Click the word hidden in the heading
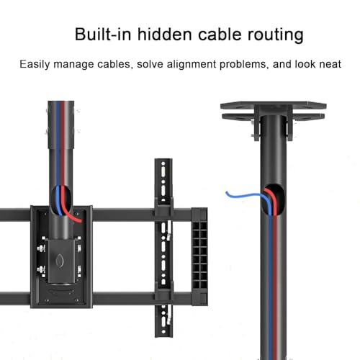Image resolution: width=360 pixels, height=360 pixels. coord(165,35)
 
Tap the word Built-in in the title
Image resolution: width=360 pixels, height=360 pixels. coord(103,35)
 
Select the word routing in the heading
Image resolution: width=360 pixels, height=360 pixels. coord(276,35)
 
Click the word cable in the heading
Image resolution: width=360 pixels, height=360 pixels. coord(220,35)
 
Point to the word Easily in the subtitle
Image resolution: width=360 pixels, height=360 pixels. coord(35,65)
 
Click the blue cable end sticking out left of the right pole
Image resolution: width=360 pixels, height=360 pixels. coord(227,192)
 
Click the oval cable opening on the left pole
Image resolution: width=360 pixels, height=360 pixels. coord(62,200)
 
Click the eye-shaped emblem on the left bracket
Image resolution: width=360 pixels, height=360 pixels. coord(59,261)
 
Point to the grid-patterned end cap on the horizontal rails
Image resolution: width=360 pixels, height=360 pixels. coord(199,256)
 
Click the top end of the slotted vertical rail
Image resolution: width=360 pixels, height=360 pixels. coord(163,159)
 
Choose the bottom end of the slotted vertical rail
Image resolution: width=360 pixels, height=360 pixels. coord(163,336)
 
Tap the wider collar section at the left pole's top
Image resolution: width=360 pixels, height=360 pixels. coord(61,125)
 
